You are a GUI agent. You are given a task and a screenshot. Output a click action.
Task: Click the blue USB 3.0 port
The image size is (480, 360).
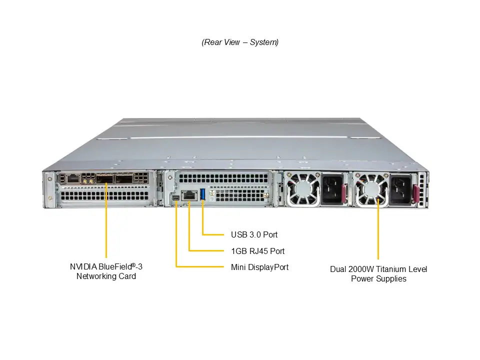point(202,194)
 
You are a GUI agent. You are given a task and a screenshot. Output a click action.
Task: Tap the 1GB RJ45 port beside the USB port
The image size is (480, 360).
point(189,195)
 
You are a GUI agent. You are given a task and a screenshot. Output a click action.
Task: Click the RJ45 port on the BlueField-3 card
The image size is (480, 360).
point(73,178)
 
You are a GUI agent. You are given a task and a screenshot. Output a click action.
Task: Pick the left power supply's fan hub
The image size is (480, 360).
point(302,188)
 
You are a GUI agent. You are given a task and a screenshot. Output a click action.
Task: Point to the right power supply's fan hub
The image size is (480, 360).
point(371,189)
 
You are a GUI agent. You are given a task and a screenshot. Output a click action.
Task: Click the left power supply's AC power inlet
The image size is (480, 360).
point(331,188)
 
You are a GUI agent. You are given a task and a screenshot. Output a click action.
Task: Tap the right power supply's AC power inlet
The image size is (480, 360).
point(400,190)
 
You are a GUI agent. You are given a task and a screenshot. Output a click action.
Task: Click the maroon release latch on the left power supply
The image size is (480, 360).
point(344,193)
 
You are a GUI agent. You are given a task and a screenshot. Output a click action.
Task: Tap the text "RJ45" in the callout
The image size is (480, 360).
point(258,251)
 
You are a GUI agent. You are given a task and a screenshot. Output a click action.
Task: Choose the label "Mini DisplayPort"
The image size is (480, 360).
point(259,267)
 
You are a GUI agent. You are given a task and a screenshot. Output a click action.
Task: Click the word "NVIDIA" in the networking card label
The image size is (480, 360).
point(83,266)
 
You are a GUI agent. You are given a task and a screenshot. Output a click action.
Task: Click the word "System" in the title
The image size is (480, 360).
point(264,42)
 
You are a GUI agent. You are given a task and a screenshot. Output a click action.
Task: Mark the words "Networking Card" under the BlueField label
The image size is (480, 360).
point(106,276)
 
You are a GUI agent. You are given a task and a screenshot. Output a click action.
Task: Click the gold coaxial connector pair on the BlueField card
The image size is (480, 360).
point(87,181)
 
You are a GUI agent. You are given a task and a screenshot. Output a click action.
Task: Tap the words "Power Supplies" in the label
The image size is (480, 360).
point(378,279)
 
